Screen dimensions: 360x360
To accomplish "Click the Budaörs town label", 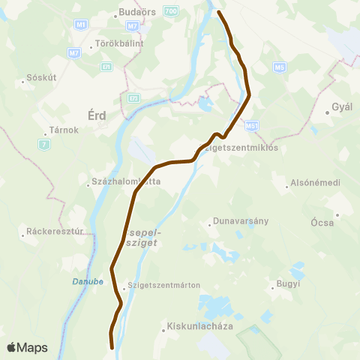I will (x=136, y=13).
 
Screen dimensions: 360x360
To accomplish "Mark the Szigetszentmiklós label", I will (x=241, y=148).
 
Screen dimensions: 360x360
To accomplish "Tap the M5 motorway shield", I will (x=280, y=67).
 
